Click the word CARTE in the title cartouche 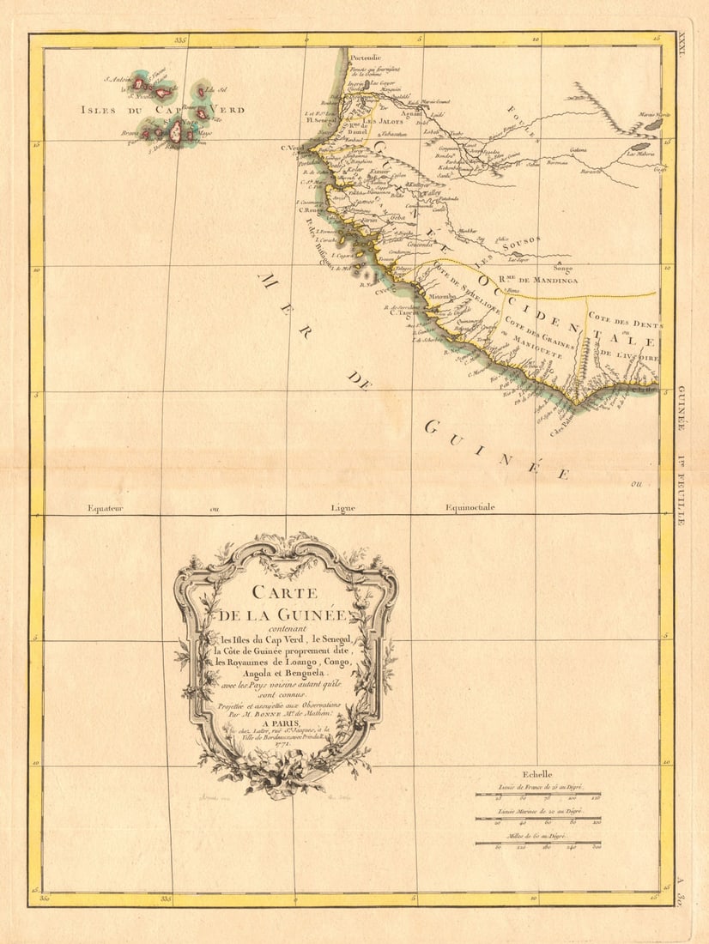pyautogui.click(x=284, y=592)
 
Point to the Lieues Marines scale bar pyautogui.click(x=538, y=817)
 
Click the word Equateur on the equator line pyautogui.click(x=106, y=508)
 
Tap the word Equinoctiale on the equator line pyautogui.click(x=470, y=508)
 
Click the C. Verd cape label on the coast pyautogui.click(x=294, y=147)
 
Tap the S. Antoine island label pyautogui.click(x=118, y=82)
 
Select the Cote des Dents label pyautogui.click(x=622, y=320)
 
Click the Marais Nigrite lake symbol pyautogui.click(x=653, y=124)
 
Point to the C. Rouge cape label pyautogui.click(x=309, y=210)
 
